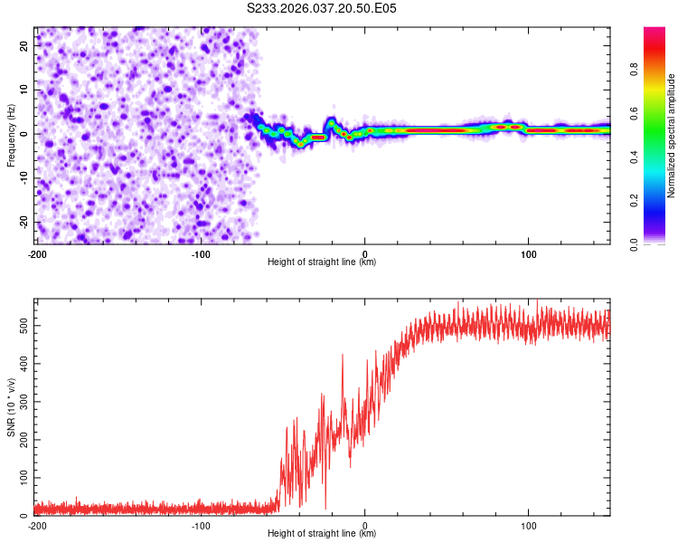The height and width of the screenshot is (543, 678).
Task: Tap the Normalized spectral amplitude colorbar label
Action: (x=672, y=136)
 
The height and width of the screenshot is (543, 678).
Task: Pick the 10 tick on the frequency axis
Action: (x=24, y=90)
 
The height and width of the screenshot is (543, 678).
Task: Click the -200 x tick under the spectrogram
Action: (x=37, y=252)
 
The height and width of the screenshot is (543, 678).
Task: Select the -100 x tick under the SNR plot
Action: (x=201, y=525)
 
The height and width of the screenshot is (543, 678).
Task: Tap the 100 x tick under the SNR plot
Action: (x=528, y=525)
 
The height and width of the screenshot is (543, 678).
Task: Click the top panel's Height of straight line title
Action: (x=322, y=262)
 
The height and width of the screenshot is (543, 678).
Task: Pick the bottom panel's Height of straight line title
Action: (x=322, y=534)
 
